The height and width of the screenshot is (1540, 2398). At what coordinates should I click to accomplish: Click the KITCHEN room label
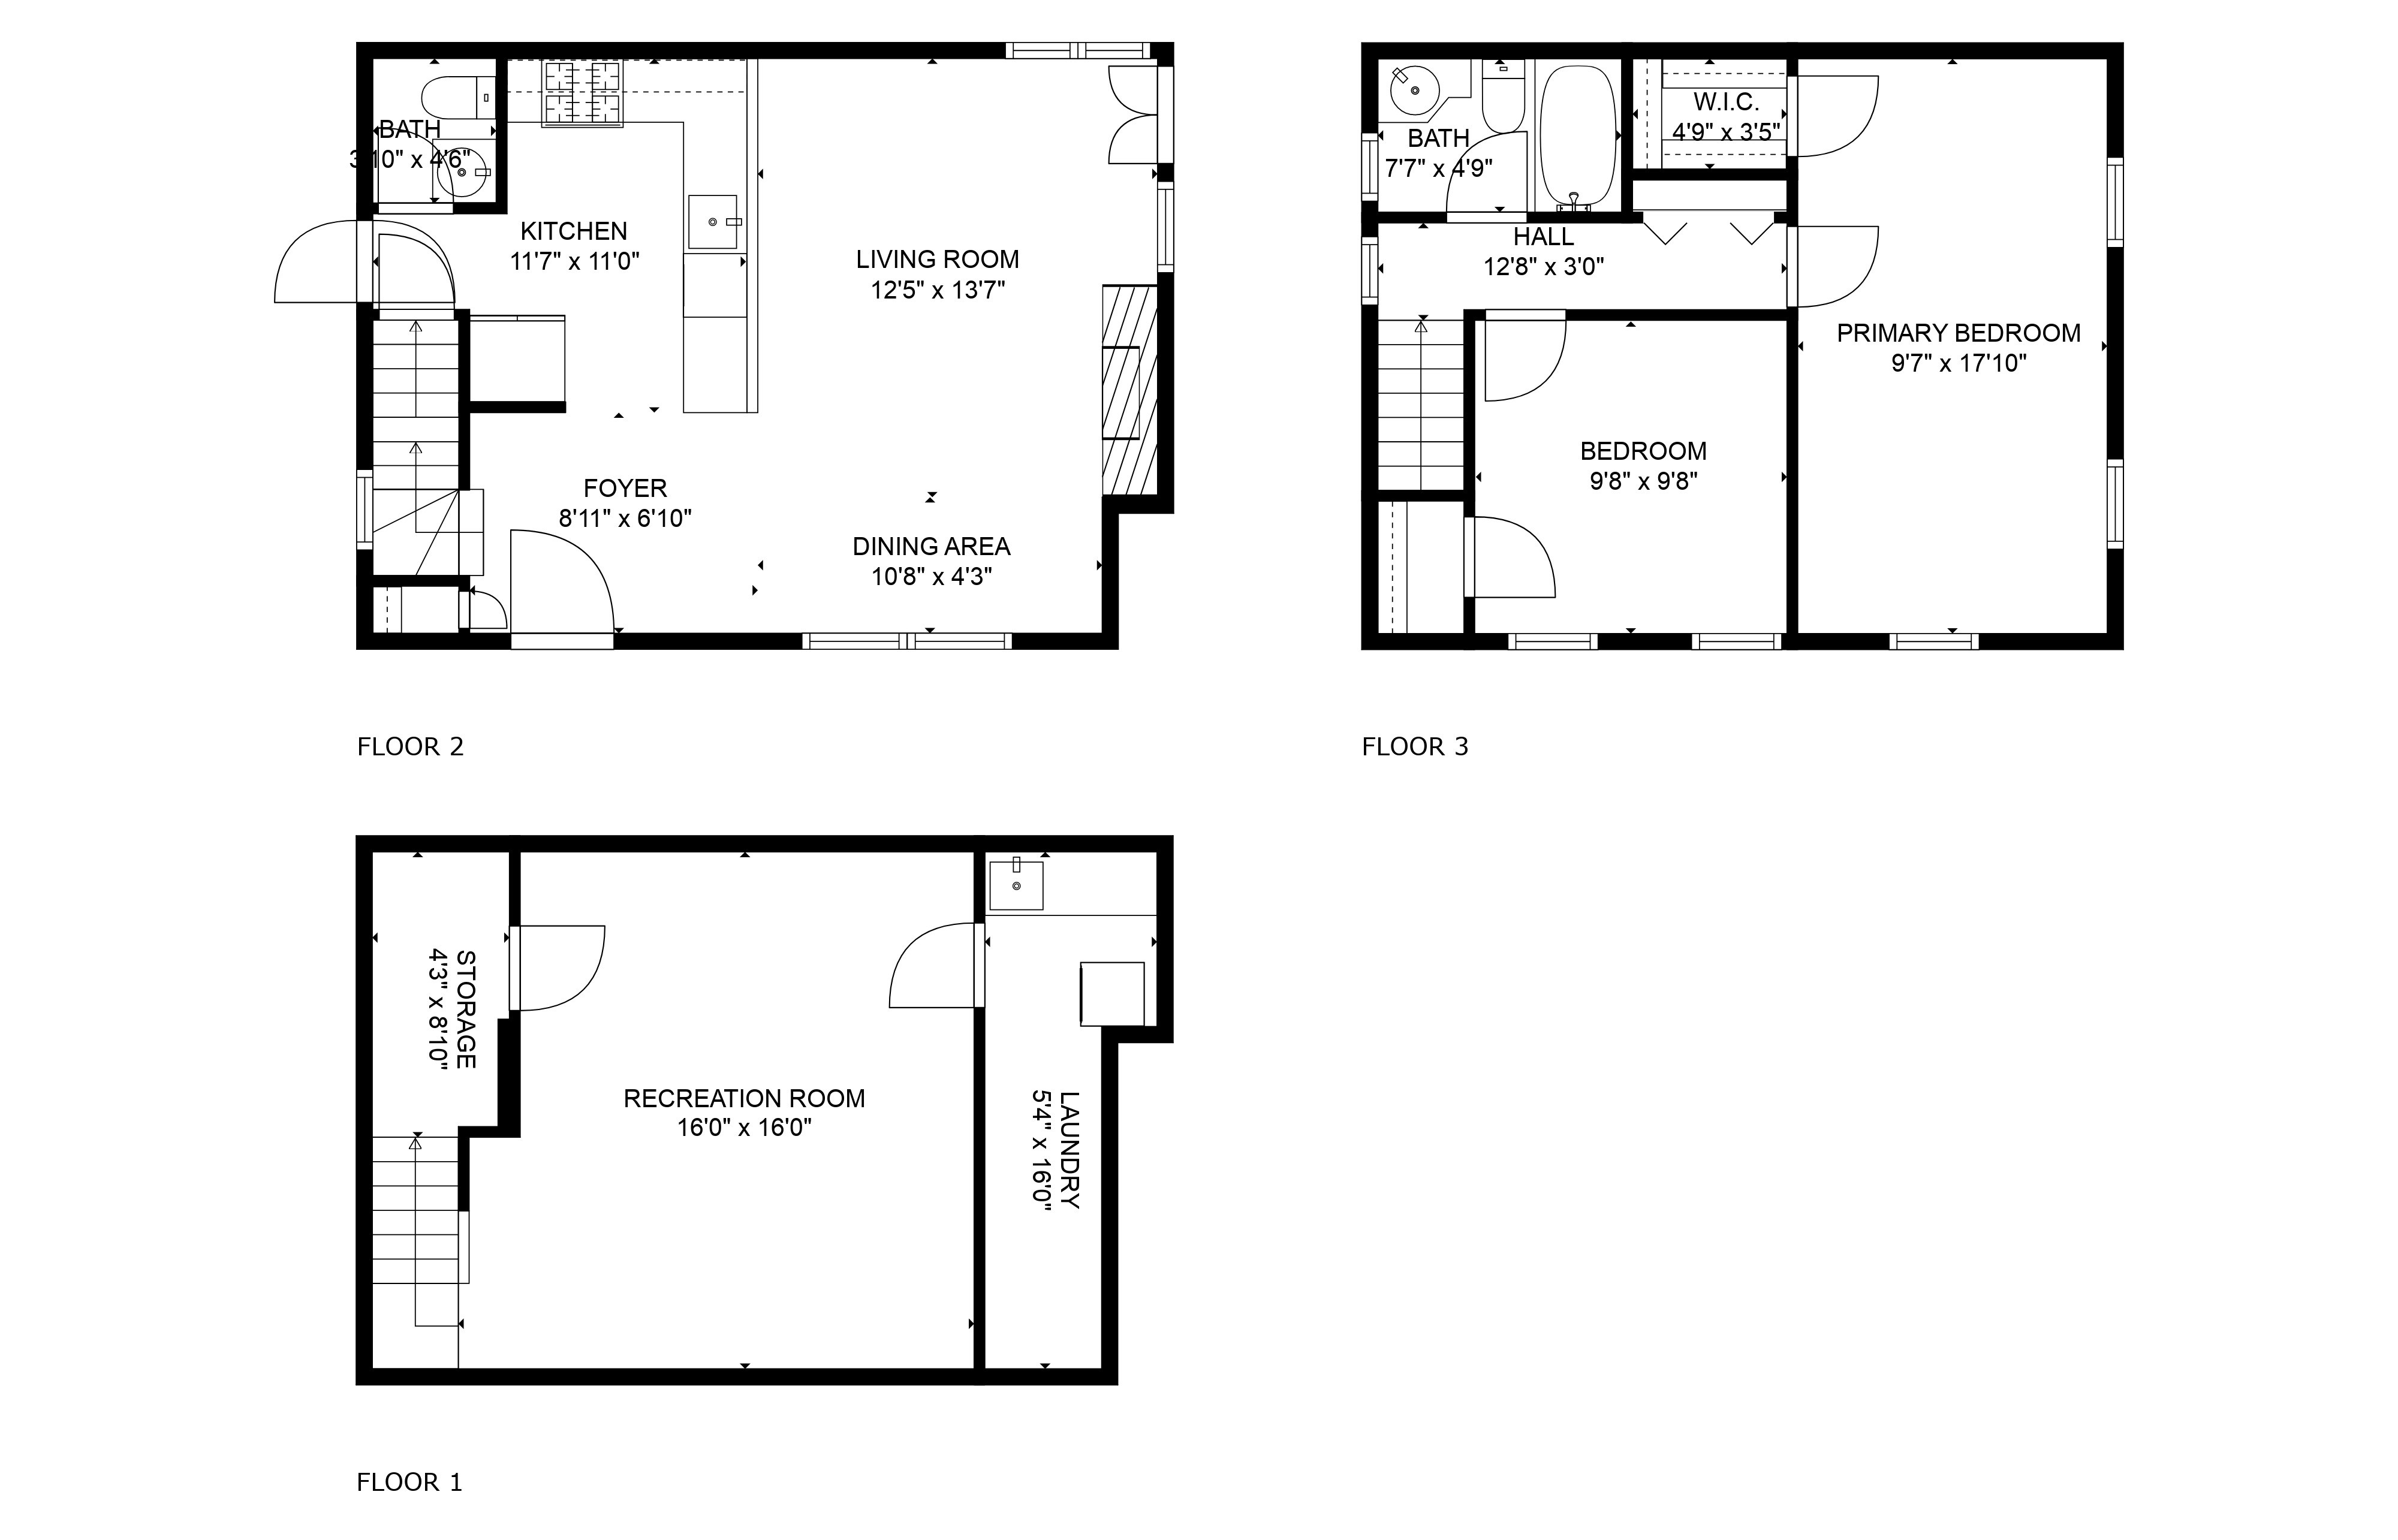click(574, 231)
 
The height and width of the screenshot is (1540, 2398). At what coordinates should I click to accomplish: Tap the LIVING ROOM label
click(937, 259)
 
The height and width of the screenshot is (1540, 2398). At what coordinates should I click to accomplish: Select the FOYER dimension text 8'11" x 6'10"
click(625, 518)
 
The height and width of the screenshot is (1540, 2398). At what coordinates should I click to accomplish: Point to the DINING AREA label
click(931, 546)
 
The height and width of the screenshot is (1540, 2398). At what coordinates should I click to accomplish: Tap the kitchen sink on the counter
click(712, 222)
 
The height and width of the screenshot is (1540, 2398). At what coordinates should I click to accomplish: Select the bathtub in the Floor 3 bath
click(1578, 138)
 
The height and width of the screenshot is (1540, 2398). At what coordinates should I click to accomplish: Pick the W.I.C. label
click(1726, 102)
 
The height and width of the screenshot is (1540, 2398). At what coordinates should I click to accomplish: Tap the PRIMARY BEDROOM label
click(1958, 333)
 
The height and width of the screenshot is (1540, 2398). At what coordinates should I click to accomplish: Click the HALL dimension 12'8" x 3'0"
click(1544, 267)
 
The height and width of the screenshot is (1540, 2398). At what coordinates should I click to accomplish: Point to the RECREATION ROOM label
click(744, 1098)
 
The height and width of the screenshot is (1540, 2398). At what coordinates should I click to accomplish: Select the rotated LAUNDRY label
click(1069, 1150)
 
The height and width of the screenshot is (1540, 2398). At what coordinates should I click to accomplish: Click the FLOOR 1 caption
click(410, 1482)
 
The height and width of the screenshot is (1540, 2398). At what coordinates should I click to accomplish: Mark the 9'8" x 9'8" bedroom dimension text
click(1644, 481)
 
